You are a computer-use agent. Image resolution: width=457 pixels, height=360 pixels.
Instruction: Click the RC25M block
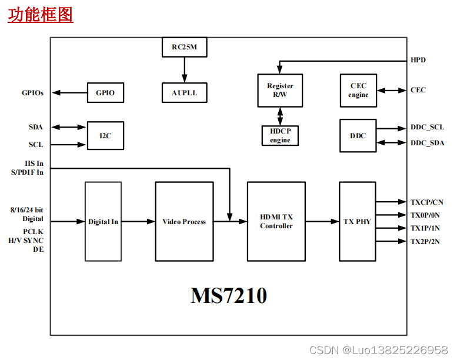[184, 47]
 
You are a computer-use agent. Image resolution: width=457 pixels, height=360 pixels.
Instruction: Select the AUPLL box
[184, 93]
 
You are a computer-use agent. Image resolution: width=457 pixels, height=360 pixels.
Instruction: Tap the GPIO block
[105, 93]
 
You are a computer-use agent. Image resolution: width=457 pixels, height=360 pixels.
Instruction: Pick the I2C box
[105, 136]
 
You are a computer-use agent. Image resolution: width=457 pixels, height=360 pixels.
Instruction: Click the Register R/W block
[280, 91]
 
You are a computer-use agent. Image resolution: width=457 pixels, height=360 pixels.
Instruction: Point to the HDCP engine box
[280, 136]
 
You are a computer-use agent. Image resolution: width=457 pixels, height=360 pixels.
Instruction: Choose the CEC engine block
[358, 91]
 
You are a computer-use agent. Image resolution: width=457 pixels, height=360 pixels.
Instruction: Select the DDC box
[358, 136]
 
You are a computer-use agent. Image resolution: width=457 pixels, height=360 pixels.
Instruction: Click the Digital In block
[103, 222]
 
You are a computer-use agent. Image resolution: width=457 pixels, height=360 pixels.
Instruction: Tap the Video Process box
[184, 222]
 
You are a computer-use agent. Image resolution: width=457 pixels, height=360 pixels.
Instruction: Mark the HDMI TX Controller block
[276, 222]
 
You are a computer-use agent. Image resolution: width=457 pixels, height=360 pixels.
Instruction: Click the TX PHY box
[357, 222]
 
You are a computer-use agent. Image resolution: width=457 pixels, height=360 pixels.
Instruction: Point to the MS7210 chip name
[229, 295]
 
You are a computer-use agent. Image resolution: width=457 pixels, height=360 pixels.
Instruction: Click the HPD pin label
[418, 60]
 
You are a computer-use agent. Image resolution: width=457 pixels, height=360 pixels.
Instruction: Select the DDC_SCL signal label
[427, 127]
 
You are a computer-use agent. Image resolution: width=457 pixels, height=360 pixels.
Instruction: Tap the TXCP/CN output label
[427, 202]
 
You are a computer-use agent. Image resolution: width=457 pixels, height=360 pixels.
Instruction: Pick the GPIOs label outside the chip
[33, 93]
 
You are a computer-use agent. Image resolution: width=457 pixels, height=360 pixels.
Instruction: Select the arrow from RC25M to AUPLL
[184, 70]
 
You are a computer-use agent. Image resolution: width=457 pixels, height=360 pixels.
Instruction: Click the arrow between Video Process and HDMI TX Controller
[229, 222]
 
